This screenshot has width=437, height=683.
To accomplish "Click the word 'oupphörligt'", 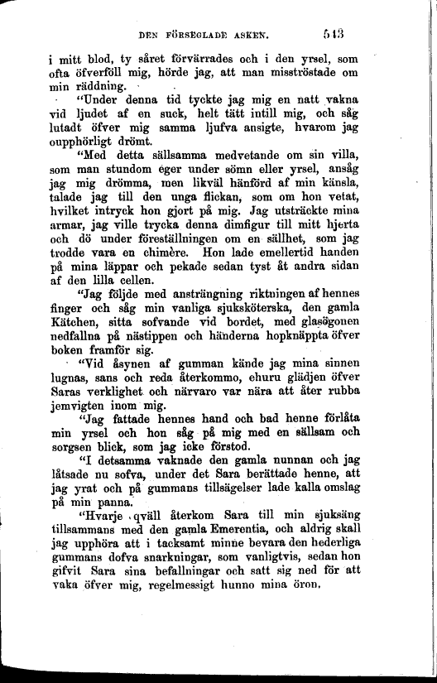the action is point(98,142).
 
